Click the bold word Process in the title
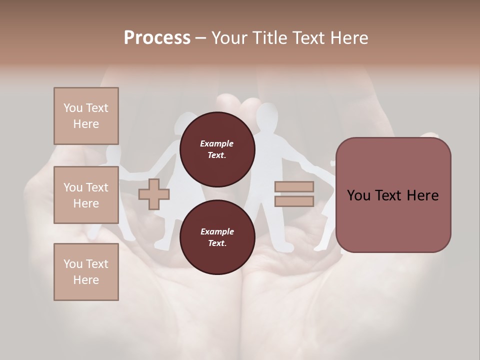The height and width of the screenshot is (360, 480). (157, 38)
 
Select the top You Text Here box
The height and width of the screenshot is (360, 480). (86, 116)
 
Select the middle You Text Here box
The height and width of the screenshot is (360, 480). (86, 195)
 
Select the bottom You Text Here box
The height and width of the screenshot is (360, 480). (86, 271)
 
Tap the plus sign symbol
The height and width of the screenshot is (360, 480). (154, 194)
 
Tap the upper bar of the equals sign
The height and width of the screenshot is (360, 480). (294, 186)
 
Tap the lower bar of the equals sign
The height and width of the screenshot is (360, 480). (294, 201)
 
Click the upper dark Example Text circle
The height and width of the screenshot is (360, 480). (217, 149)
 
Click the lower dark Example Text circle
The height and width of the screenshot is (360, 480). (217, 237)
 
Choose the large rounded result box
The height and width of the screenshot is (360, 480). (393, 195)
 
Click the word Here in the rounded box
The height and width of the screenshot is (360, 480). (422, 195)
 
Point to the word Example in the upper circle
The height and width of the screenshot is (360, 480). (216, 143)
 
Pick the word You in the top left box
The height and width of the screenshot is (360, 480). (72, 108)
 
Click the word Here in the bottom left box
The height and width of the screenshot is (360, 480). (86, 280)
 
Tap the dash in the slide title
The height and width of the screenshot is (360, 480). (200, 38)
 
